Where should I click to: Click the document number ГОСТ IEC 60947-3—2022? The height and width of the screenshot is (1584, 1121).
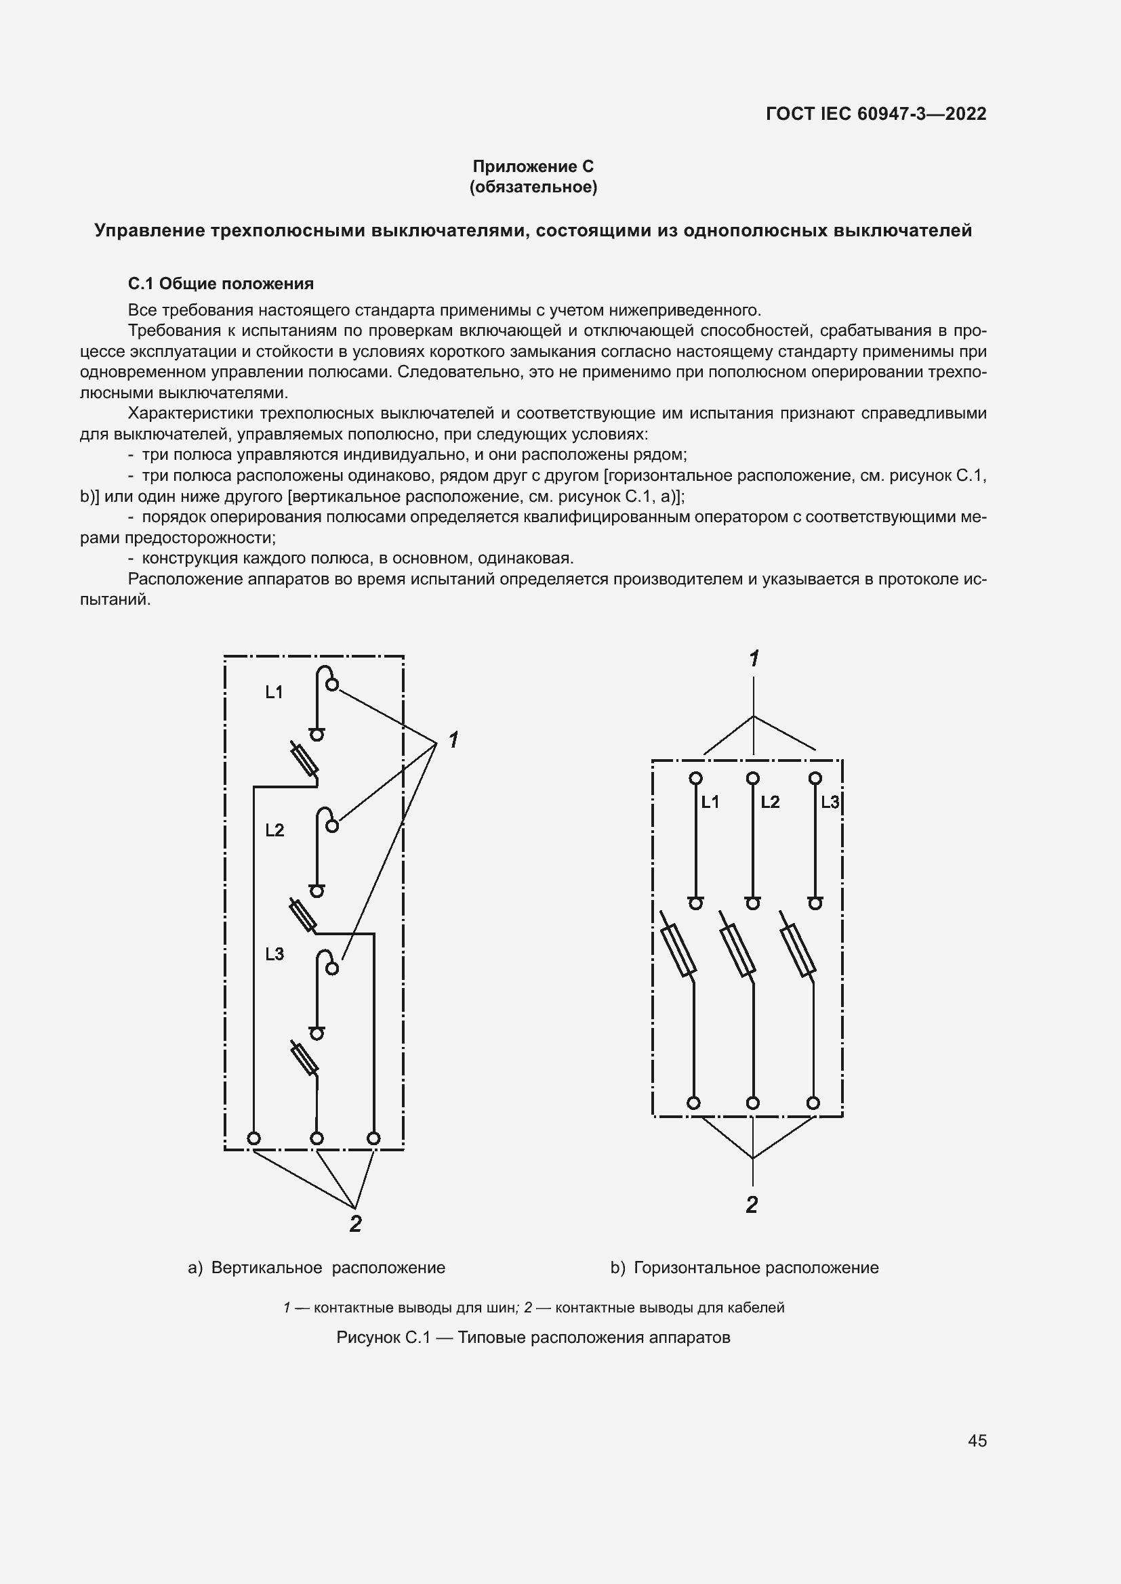pos(875,114)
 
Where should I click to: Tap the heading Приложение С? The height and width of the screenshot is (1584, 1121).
pos(533,167)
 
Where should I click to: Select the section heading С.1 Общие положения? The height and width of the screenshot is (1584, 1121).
pos(221,284)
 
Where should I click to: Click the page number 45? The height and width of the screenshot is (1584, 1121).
pos(977,1440)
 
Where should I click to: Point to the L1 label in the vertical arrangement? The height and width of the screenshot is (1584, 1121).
pos(274,692)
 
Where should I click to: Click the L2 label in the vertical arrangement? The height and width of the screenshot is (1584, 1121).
pos(274,830)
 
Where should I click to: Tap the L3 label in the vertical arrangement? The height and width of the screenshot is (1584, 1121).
pos(274,954)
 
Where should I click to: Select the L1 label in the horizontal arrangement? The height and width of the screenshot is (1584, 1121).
pos(710,802)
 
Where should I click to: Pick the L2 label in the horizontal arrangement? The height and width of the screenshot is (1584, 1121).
pos(770,802)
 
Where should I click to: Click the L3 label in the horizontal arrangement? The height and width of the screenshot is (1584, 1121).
pos(829,802)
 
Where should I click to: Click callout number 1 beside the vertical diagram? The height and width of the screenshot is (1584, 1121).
pos(453,740)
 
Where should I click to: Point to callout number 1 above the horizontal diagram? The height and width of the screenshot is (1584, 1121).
pos(754,659)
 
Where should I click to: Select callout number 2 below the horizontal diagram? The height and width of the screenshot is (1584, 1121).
pos(752,1205)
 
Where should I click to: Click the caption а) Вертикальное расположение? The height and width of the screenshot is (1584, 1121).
pos(317,1267)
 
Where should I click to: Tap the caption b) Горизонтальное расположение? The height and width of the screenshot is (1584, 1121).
pos(744,1267)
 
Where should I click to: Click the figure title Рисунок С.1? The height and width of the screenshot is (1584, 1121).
pos(533,1337)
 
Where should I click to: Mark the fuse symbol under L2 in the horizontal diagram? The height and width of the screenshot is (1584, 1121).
pos(737,951)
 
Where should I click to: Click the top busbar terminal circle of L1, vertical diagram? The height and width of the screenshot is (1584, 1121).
pos(332,685)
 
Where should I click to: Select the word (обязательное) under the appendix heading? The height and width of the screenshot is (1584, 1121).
pos(533,187)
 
